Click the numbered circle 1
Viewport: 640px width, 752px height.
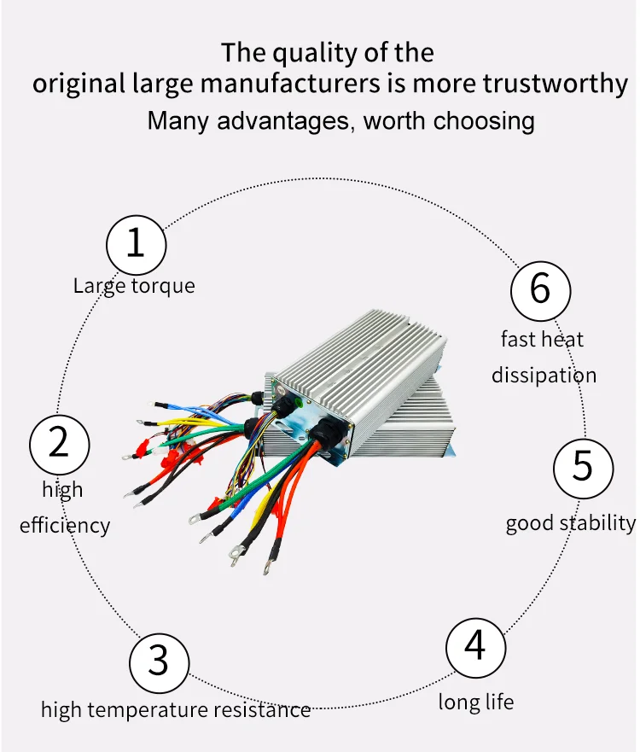point(136,243)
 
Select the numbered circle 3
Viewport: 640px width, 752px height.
point(159,661)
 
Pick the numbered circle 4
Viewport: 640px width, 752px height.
point(475,646)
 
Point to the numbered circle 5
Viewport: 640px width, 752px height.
point(583,466)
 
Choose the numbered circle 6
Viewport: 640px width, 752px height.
point(540,289)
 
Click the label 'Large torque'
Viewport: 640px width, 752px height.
point(134,286)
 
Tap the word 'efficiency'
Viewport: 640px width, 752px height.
point(65,524)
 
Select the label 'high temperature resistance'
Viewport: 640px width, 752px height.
point(176,709)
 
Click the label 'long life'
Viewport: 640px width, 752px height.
point(476,702)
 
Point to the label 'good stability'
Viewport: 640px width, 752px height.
point(570,522)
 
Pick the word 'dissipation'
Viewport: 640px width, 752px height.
point(544,375)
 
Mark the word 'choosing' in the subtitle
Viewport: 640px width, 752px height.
point(484,120)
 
